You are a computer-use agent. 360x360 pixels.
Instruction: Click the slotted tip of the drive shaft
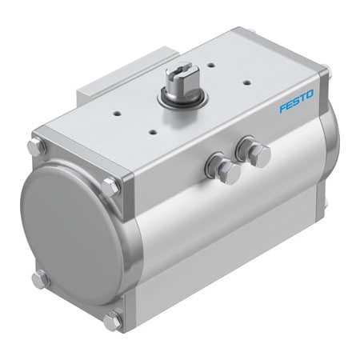tap(178, 73)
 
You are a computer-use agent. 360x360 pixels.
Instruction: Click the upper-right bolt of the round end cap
tap(110, 186)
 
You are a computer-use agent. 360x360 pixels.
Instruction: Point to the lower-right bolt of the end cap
tap(112, 319)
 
